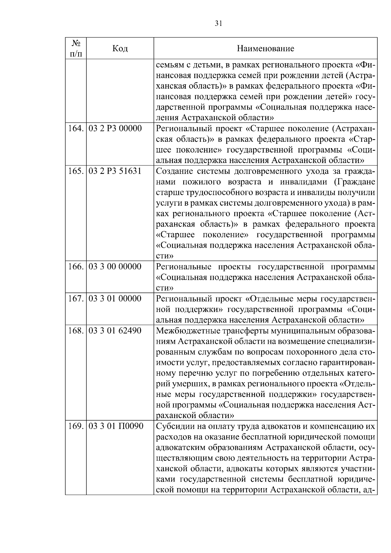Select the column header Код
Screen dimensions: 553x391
120,49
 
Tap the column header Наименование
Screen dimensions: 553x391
265,49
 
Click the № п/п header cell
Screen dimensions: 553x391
76,48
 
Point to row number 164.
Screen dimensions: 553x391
76,128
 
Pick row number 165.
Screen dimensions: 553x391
76,171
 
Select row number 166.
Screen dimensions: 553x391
76,267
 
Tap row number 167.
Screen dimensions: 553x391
76,298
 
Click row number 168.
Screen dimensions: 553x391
76,330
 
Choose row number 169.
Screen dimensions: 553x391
76,426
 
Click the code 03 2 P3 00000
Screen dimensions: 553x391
115,128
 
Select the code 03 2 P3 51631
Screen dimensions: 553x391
115,171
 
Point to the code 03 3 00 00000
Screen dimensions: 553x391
115,267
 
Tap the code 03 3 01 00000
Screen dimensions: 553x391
115,298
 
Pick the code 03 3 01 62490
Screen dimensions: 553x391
115,330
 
